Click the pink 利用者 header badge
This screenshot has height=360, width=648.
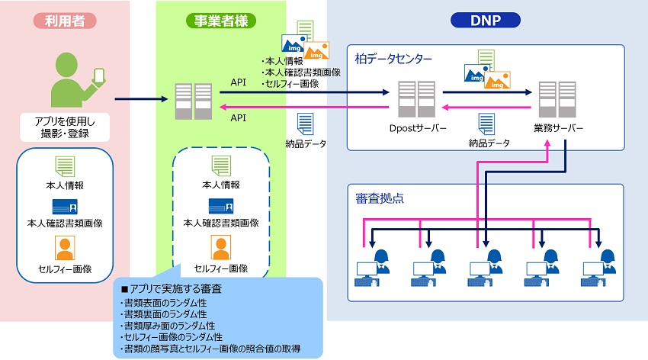click(65, 21)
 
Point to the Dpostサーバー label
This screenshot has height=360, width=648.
click(415, 128)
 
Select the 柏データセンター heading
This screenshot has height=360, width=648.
click(394, 58)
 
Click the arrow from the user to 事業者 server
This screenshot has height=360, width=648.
click(141, 99)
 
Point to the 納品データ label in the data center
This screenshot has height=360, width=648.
click(489, 143)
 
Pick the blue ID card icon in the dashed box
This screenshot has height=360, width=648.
click(221, 206)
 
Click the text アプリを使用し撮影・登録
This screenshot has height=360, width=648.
click(66, 127)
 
